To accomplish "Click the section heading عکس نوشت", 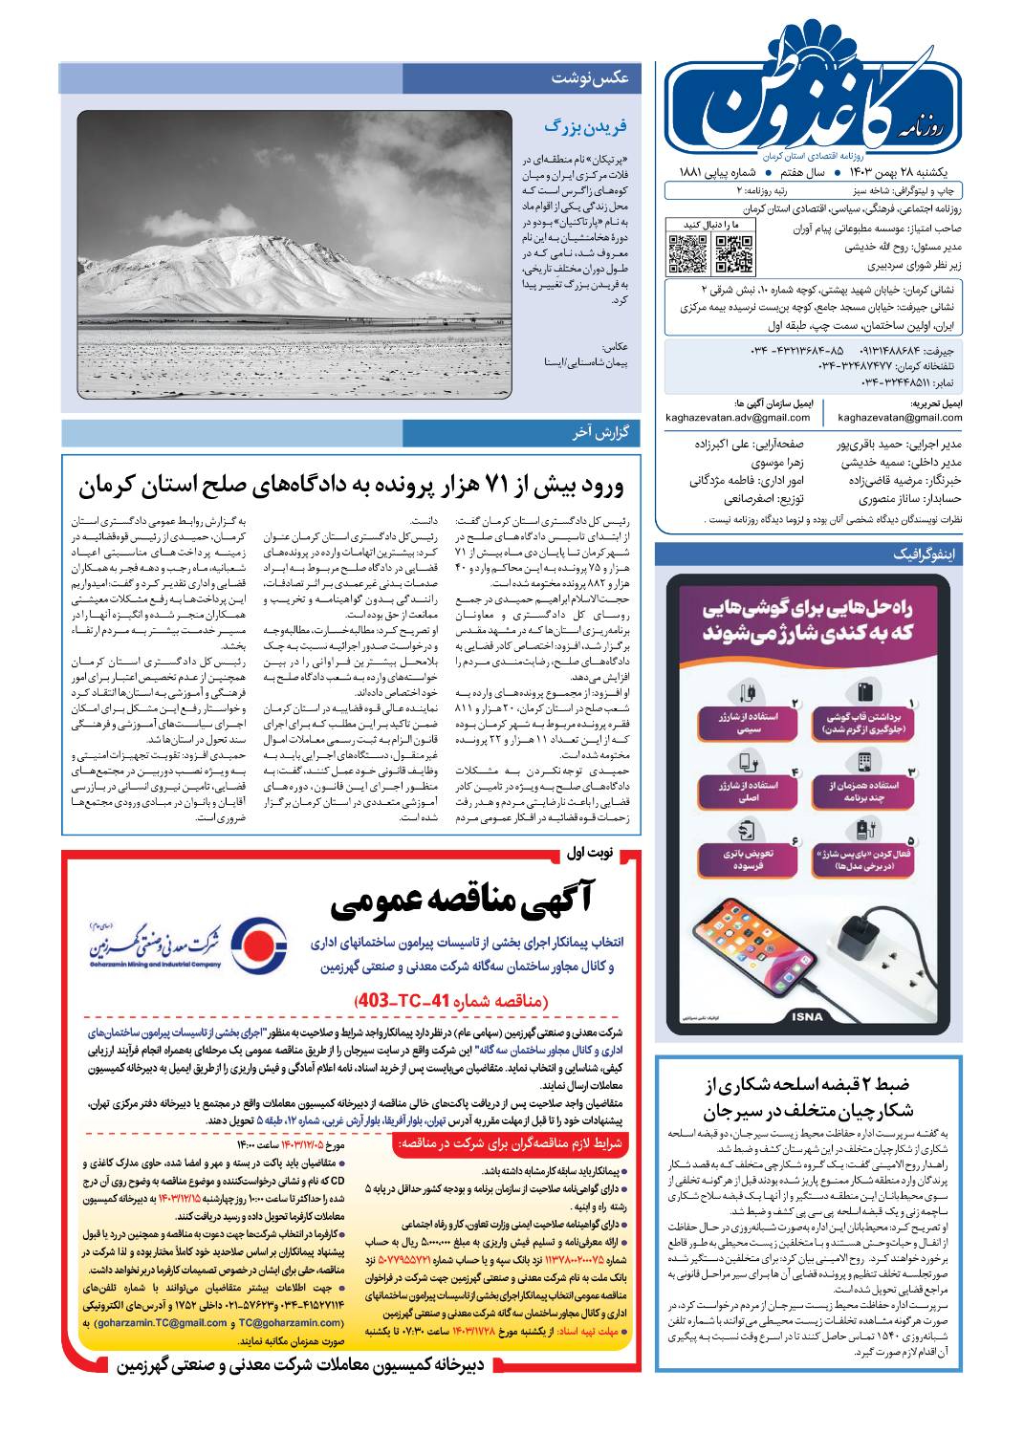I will pos(589,78).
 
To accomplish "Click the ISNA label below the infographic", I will pos(808,1016).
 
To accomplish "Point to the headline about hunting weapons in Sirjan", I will pos(808,1097).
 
